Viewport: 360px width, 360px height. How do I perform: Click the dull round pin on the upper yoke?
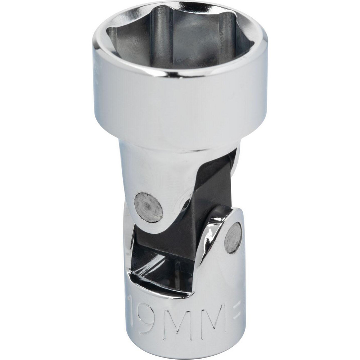coord(149,207)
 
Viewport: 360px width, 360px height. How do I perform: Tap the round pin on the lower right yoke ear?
coord(233,238)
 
